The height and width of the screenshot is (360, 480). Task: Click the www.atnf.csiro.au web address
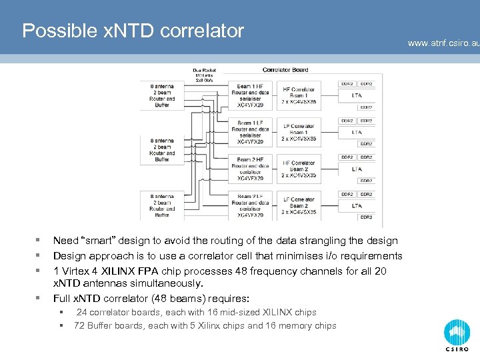coord(443,43)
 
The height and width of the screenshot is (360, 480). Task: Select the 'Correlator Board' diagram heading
coord(285,69)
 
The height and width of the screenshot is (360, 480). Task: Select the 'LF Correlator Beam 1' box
coord(299,132)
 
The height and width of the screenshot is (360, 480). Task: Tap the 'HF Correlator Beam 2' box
coord(299,169)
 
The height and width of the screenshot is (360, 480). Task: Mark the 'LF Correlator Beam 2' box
coord(299,206)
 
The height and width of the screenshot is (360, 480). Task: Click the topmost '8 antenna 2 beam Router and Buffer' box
coord(162,95)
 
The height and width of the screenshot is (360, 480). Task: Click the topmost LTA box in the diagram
coord(357,96)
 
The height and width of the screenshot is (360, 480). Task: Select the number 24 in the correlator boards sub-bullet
coord(81,312)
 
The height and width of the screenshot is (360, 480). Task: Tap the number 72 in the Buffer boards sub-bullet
coord(79,325)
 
